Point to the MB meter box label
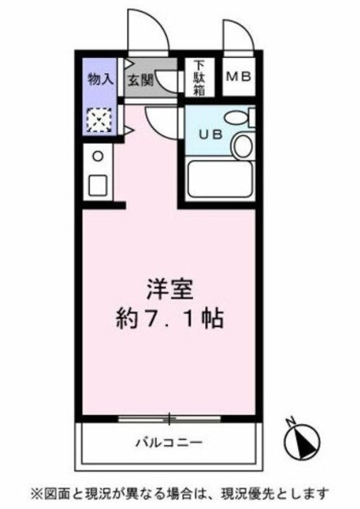tap(238, 77)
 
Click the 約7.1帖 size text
tap(168, 320)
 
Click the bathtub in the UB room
tap(219, 179)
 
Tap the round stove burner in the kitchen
tap(98, 157)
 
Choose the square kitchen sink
tap(98, 185)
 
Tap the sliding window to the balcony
tap(168, 417)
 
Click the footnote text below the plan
tap(179, 492)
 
